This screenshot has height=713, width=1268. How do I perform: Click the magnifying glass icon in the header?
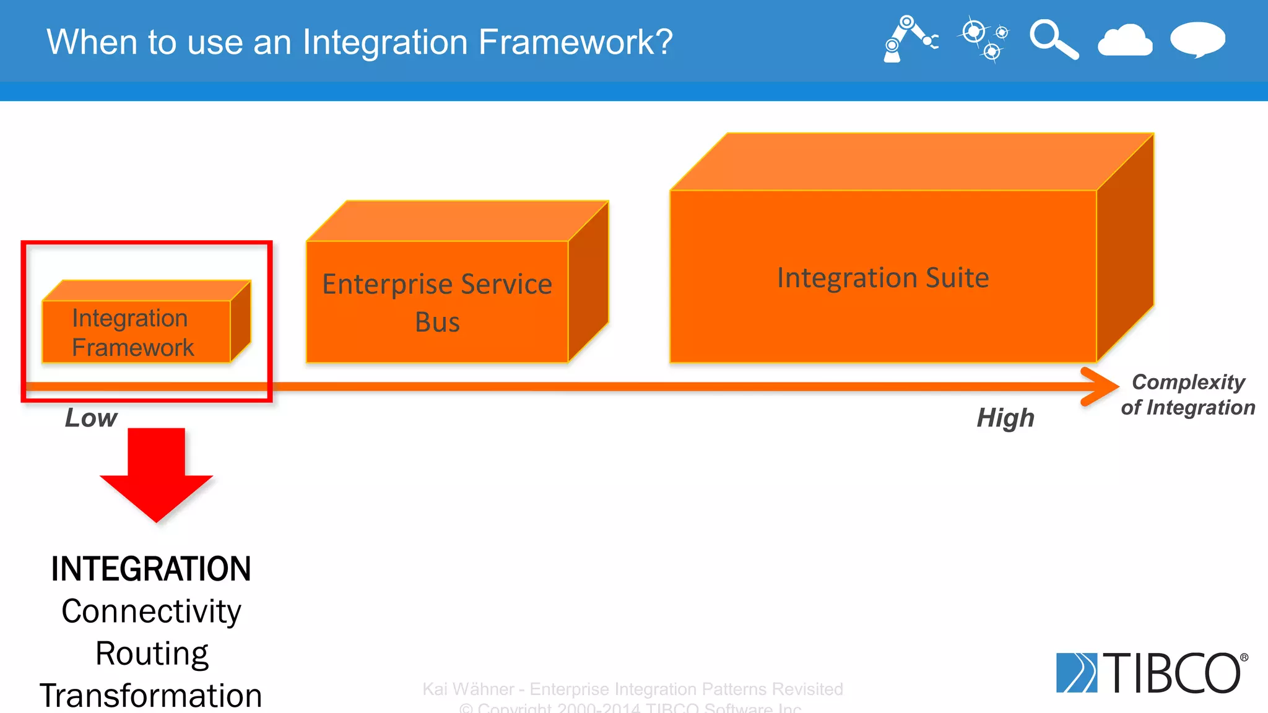[1053, 40]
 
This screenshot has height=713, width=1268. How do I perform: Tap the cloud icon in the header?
[1125, 41]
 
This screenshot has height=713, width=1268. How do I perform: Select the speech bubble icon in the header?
[1197, 40]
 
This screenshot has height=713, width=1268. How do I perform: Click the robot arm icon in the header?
[909, 39]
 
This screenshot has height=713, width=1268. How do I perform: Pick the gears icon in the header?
[983, 39]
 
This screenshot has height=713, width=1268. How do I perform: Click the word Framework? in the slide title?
[575, 42]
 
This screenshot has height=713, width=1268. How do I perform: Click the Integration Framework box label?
[132, 332]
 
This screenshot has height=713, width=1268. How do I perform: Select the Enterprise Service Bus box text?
[437, 303]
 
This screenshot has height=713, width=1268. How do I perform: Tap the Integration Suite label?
[883, 277]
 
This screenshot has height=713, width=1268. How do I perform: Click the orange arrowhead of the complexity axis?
[1101, 387]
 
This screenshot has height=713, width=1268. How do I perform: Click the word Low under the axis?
[91, 418]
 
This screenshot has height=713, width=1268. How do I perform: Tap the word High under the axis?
[1005, 418]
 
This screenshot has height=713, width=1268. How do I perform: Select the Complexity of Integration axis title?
[1188, 395]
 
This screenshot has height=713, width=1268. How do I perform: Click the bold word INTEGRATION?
[151, 569]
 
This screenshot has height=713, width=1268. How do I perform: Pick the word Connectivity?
[151, 611]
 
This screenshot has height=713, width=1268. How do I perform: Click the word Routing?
[152, 654]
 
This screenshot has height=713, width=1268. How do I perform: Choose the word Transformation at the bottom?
[151, 696]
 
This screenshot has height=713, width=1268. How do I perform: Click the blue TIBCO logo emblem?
[1076, 672]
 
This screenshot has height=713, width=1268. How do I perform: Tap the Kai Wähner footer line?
[632, 689]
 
